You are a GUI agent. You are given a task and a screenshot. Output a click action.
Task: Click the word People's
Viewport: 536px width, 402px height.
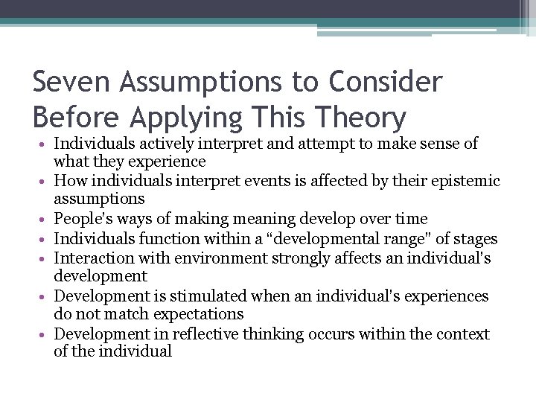pos(84,219)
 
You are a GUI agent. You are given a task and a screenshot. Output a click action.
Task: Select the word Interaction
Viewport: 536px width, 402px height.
pos(91,258)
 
